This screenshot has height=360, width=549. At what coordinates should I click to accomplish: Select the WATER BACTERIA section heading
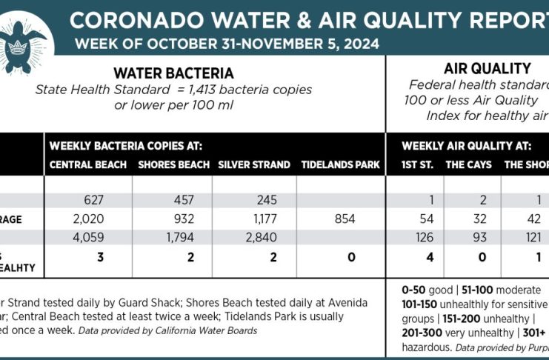[173, 73]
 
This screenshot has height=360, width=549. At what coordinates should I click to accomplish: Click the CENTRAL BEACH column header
[88, 164]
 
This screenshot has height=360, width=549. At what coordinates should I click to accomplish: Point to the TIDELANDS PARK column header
[340, 164]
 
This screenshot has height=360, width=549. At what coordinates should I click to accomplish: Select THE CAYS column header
[468, 164]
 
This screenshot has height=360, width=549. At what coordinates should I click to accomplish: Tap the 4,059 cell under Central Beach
[93, 239]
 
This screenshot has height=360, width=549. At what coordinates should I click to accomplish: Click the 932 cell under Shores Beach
[183, 219]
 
